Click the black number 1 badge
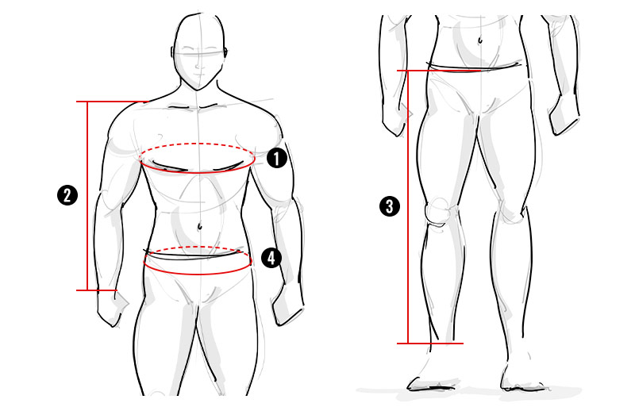pos(277,159)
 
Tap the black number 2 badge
pos(67,195)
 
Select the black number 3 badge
pos(390,206)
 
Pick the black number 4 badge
pos(271,258)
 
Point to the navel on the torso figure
pos(200,226)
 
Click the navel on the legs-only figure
pos(480,40)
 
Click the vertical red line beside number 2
pos(87,196)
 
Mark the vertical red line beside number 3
pos(408,207)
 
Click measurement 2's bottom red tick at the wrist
pos(97,290)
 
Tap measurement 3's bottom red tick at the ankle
pos(430,344)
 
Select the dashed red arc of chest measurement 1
pos(197,144)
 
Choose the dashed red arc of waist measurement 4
pos(198,247)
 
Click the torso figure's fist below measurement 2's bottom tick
pos(112,309)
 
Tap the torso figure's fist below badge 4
pos(287,305)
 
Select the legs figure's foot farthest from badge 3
pos(522,373)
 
